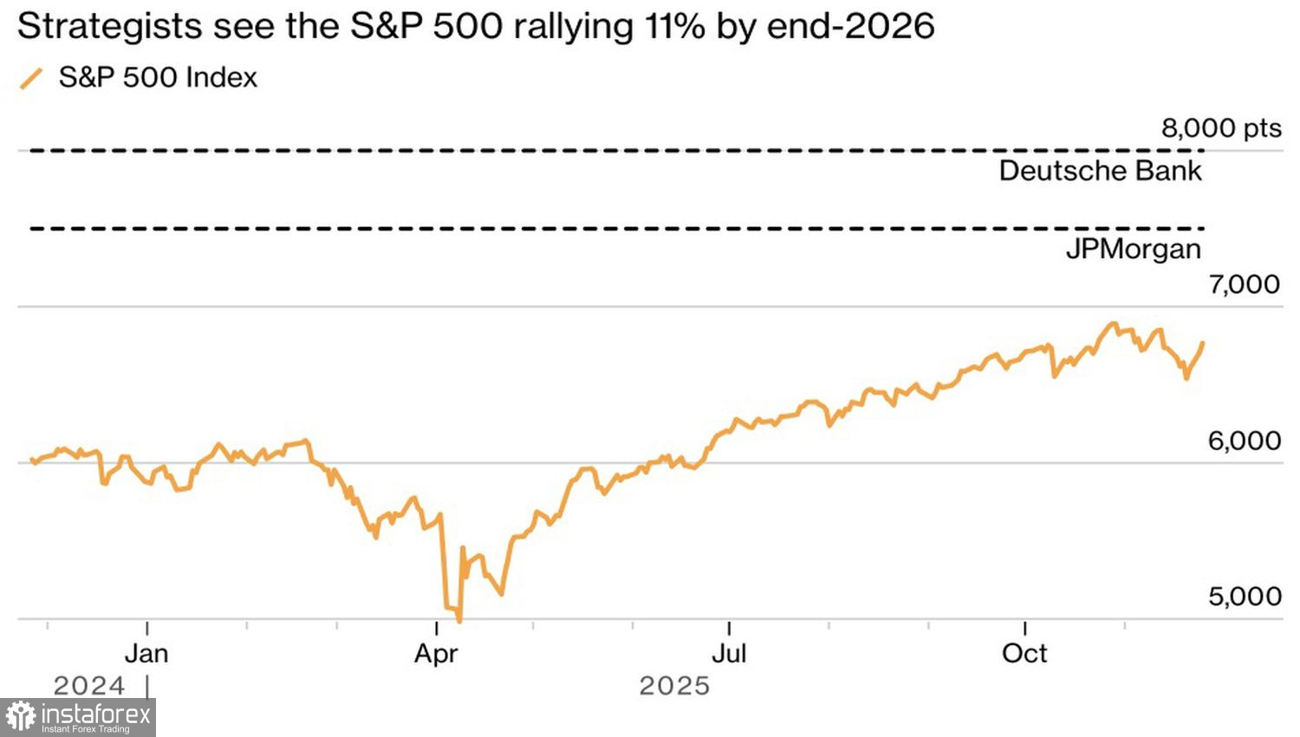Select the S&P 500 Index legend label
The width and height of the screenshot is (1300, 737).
(x=158, y=77)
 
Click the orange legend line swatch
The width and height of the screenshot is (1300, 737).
(x=31, y=78)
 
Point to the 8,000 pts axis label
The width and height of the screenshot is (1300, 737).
(x=1220, y=128)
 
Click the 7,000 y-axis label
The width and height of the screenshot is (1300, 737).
(x=1244, y=284)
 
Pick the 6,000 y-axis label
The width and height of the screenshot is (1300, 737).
(x=1244, y=440)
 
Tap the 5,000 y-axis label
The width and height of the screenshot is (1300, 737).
(x=1244, y=597)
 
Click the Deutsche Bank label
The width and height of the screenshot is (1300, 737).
(x=1100, y=171)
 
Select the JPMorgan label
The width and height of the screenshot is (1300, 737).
(x=1133, y=250)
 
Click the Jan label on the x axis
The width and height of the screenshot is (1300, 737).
(x=146, y=653)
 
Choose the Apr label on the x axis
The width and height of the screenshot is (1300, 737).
(x=435, y=653)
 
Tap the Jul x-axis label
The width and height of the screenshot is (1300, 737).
(x=729, y=653)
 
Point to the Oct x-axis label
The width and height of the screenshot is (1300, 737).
(x=1024, y=653)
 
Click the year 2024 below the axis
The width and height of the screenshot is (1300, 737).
(x=88, y=686)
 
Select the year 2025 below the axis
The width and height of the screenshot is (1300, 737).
(x=674, y=686)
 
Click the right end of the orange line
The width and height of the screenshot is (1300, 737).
(x=1203, y=342)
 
